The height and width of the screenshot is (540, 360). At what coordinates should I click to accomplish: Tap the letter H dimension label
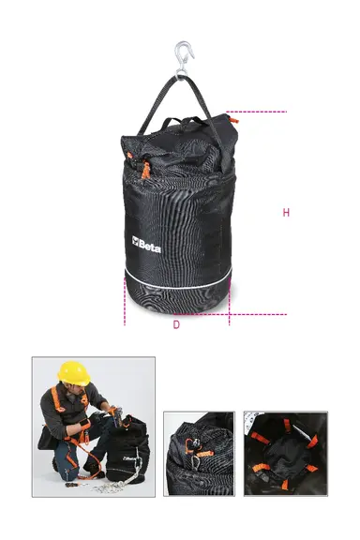pos(285,213)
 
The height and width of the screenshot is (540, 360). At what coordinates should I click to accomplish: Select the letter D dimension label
pos(175,324)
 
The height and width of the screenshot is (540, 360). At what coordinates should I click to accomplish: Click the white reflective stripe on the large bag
pos(178,282)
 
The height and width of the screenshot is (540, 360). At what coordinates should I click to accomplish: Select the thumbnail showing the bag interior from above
pos(286,453)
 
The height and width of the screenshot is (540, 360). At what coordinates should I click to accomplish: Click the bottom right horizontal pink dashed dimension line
pos(258,313)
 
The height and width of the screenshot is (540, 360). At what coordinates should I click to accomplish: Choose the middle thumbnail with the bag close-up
pos(199,453)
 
